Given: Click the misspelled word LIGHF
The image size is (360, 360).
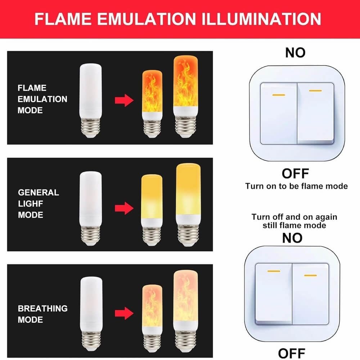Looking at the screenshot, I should tap(31, 204).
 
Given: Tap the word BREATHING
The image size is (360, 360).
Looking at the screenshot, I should tap(43, 309).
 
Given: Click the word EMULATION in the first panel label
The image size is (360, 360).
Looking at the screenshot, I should tap(42, 99).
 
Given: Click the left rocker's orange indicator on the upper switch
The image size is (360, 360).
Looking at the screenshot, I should tap(279, 95).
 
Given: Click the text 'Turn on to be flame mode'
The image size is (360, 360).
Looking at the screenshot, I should tap(296, 186).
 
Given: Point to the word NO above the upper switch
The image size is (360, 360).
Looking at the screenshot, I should tap(295, 53).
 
